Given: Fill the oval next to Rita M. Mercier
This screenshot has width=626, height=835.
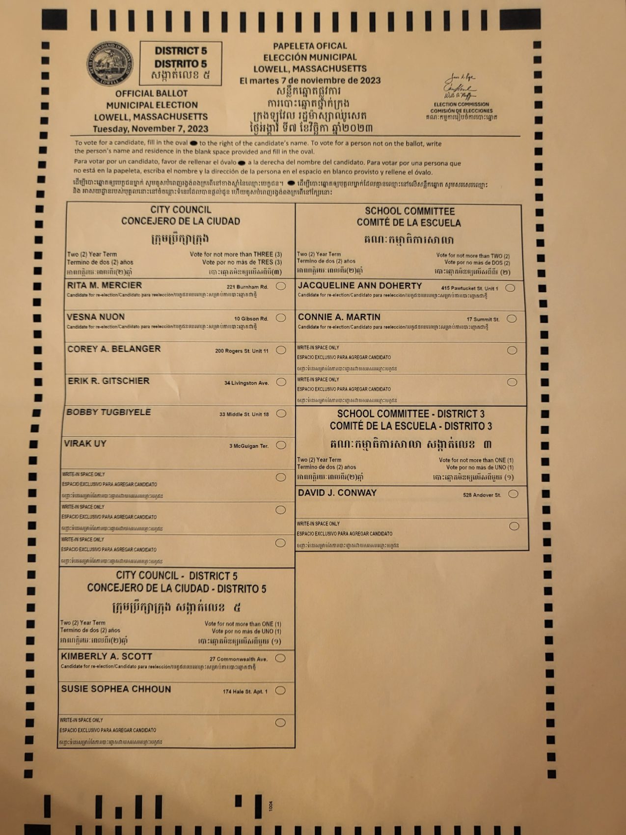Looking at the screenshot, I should (281, 286).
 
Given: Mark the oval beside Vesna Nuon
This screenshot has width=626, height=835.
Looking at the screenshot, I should (281, 318).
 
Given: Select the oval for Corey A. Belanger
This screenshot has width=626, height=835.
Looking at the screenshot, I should (281, 350).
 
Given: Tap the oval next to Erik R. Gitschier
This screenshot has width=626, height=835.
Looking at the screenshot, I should (281, 382).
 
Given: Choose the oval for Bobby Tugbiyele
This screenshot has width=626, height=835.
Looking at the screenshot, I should (281, 414).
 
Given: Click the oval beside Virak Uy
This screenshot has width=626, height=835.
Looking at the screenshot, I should (281, 445).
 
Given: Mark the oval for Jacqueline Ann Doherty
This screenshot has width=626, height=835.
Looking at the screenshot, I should (510, 288).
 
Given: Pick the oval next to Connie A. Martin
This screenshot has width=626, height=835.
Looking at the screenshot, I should (512, 319).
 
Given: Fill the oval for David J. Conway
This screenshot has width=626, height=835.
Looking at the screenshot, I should (513, 494).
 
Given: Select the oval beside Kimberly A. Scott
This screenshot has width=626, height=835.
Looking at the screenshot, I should (280, 658).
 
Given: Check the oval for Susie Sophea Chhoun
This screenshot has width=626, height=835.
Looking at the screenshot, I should (280, 691).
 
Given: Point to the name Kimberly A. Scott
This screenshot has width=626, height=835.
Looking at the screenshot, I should (107, 656).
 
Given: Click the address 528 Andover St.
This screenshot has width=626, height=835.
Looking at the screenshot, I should (482, 495).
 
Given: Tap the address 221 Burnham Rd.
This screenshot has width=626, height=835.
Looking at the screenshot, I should (247, 287).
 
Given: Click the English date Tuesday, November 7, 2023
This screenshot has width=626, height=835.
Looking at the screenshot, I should (151, 129).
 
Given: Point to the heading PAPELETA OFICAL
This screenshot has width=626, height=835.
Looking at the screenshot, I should (310, 46).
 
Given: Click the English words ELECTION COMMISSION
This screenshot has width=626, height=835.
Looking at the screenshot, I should (461, 104).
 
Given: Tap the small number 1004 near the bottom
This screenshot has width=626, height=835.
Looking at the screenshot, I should (271, 806).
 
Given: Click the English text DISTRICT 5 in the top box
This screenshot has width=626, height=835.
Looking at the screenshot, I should (181, 51).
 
